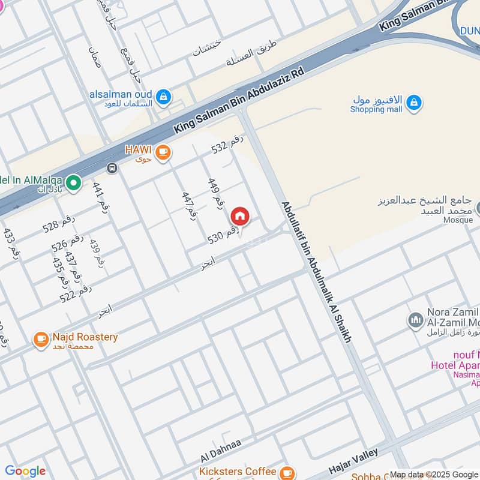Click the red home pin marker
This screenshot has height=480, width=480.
pos(240,216)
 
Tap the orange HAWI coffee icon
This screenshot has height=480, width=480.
pos(163,153)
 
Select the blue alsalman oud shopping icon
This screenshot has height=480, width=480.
pos(163,96)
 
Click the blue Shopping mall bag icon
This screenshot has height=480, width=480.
pos(413,103)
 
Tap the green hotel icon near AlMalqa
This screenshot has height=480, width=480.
pos(73,182)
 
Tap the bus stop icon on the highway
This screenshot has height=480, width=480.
pos(111,168)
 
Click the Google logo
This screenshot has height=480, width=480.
pos(25,471)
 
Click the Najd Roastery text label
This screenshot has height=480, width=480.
pos(85,337)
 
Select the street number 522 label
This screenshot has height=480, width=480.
pos(76,293)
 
